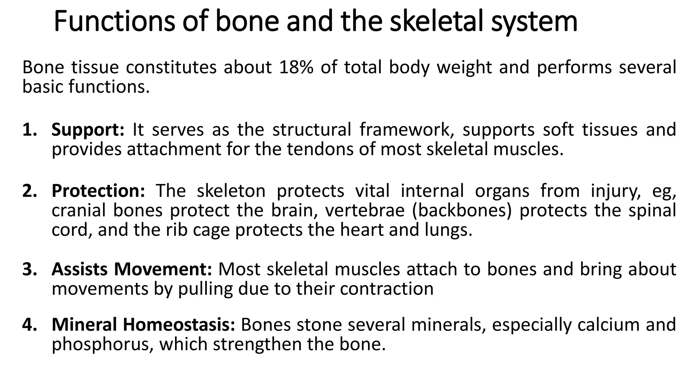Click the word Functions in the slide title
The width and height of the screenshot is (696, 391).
click(114, 22)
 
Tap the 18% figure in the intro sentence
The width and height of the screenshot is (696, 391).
click(296, 67)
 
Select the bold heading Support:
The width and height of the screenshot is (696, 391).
click(88, 130)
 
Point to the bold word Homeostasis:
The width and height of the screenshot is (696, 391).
click(179, 324)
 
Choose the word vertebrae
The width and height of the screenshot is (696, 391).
click(365, 210)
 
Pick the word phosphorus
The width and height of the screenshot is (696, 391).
click(102, 345)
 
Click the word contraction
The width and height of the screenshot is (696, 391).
click(386, 289)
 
